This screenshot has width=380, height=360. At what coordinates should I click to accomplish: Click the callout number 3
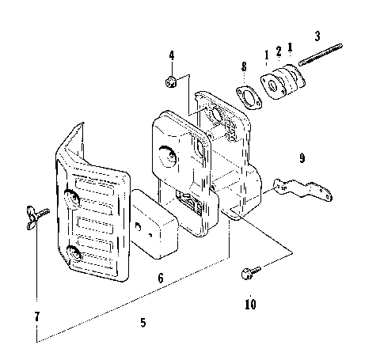(317, 36)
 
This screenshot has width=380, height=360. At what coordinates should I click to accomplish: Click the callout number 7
(36, 317)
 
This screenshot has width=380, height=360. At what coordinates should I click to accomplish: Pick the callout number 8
(243, 69)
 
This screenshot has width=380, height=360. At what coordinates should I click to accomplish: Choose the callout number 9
(302, 157)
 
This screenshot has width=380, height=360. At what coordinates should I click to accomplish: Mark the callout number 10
(250, 303)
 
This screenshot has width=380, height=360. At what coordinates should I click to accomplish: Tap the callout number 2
(278, 54)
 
